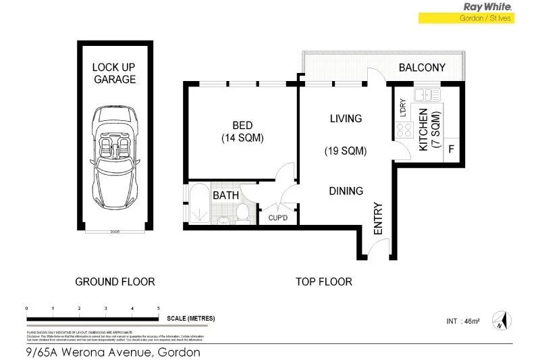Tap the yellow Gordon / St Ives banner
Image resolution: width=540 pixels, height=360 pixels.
[466, 18]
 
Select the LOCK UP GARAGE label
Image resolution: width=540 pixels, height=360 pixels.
[114, 73]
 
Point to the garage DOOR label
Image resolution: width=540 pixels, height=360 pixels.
[114, 232]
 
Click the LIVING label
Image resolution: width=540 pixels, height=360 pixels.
[346, 118]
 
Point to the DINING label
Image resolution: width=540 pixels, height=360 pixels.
[346, 191]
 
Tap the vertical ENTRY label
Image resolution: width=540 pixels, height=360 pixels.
[378, 218]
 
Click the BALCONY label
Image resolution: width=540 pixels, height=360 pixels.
[422, 68]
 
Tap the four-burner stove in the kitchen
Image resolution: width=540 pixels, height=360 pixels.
[404, 132]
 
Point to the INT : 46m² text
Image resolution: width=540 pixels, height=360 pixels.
[464, 320]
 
